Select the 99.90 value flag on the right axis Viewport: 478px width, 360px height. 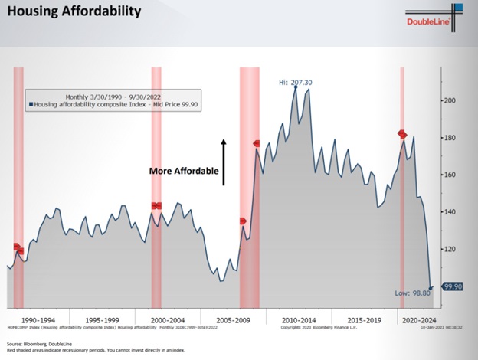[x=455, y=286]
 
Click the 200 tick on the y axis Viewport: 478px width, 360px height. [x=451, y=100]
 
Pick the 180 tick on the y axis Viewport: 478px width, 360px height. [x=451, y=138]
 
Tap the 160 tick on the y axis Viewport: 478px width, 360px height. [x=451, y=175]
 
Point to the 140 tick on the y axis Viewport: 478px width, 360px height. [x=451, y=212]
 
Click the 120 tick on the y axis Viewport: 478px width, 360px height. [x=451, y=249]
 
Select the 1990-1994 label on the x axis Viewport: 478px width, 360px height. [x=38, y=319]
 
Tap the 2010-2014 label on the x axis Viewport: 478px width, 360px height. [x=299, y=319]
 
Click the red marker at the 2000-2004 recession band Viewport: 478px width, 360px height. [x=156, y=205]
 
